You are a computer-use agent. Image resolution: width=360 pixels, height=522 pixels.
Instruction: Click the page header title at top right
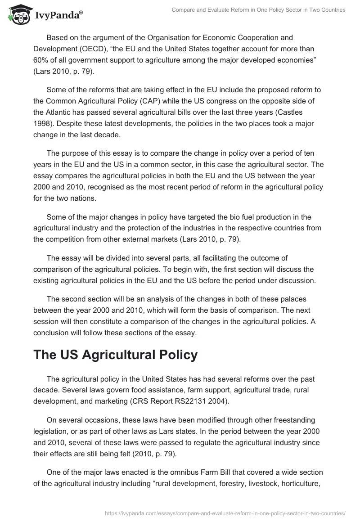coord(259,10)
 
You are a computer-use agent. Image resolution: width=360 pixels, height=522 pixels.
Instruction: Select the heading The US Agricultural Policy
coord(115,355)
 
